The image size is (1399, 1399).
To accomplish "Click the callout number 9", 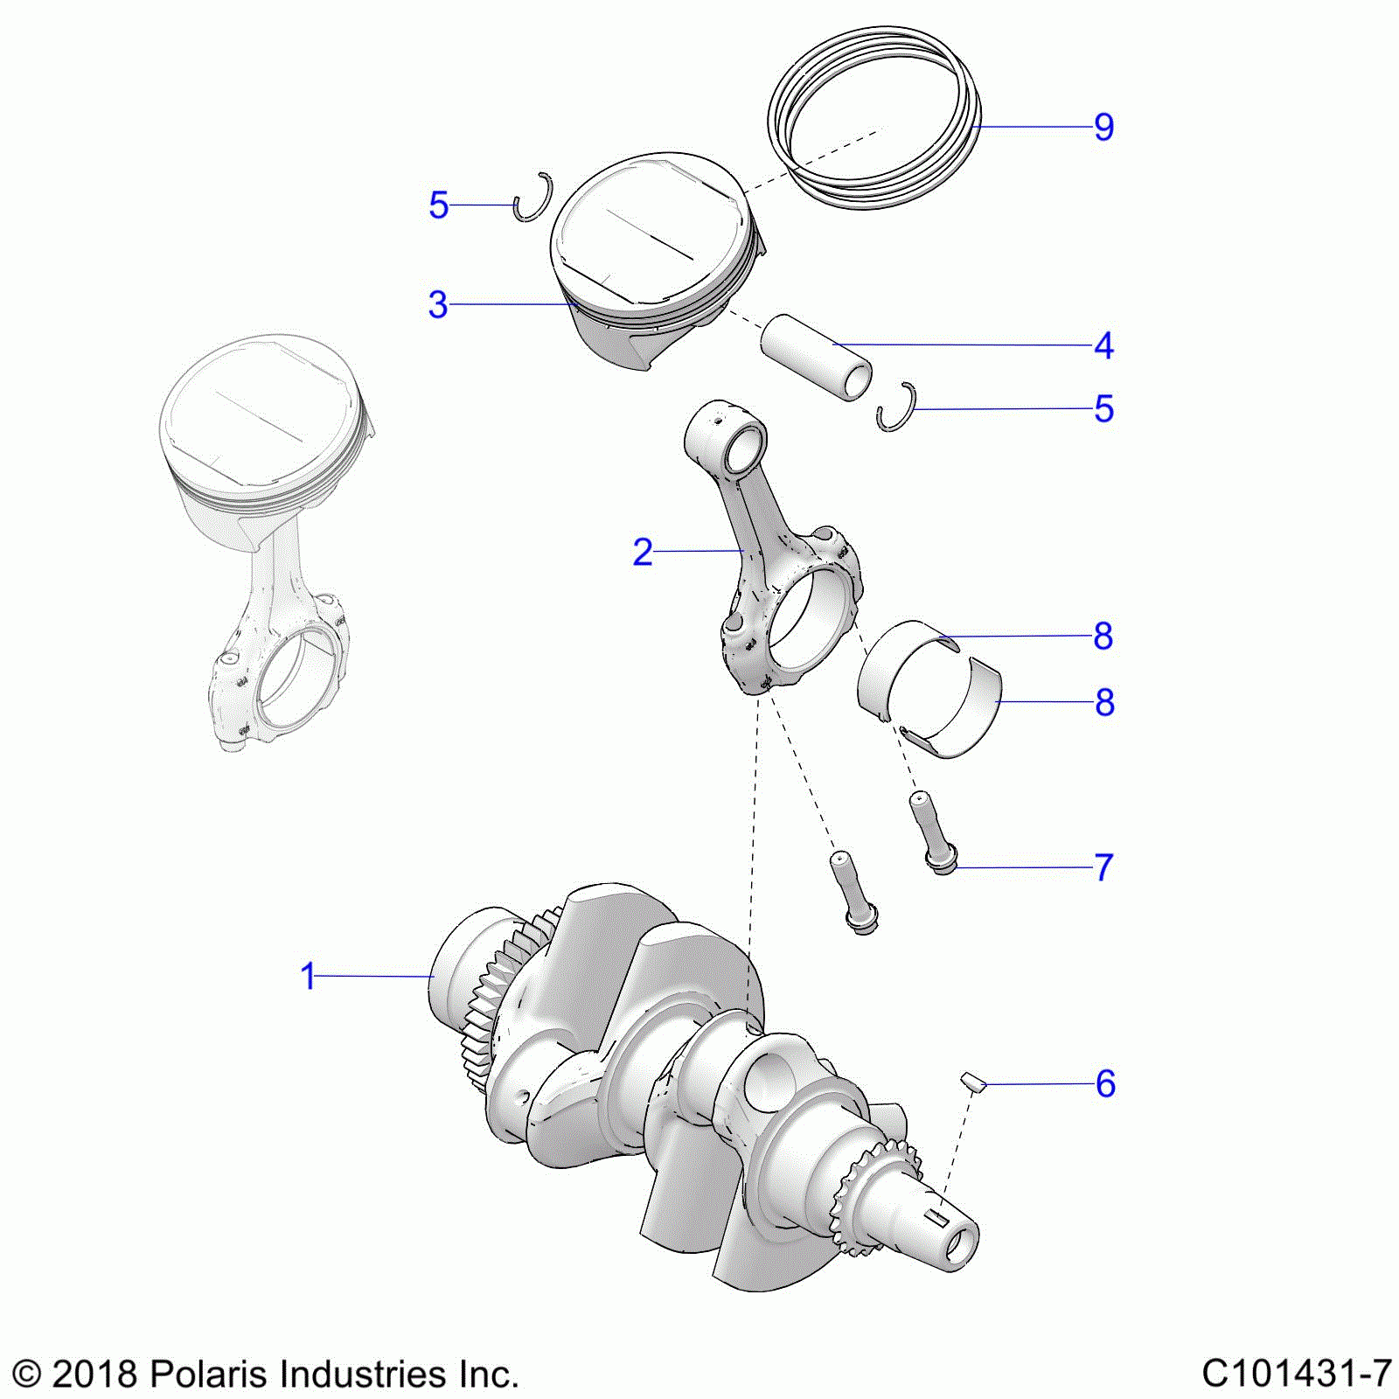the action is (x=1104, y=128).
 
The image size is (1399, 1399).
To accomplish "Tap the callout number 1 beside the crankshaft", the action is (x=308, y=977).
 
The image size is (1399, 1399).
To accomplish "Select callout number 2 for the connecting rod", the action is (x=643, y=553).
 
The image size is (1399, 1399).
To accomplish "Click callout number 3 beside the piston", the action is (x=438, y=305).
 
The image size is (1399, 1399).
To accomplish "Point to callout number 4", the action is (x=1104, y=346).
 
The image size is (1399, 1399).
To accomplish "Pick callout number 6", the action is (x=1106, y=1084).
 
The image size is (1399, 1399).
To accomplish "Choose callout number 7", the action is (x=1104, y=868).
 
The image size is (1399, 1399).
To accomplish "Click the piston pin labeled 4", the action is (x=816, y=358).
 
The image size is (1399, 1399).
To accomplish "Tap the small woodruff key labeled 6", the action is (x=974, y=1083).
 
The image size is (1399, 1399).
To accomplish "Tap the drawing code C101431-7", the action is (x=1297, y=1374).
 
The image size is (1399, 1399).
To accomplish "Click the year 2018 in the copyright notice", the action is (x=94, y=1374).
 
